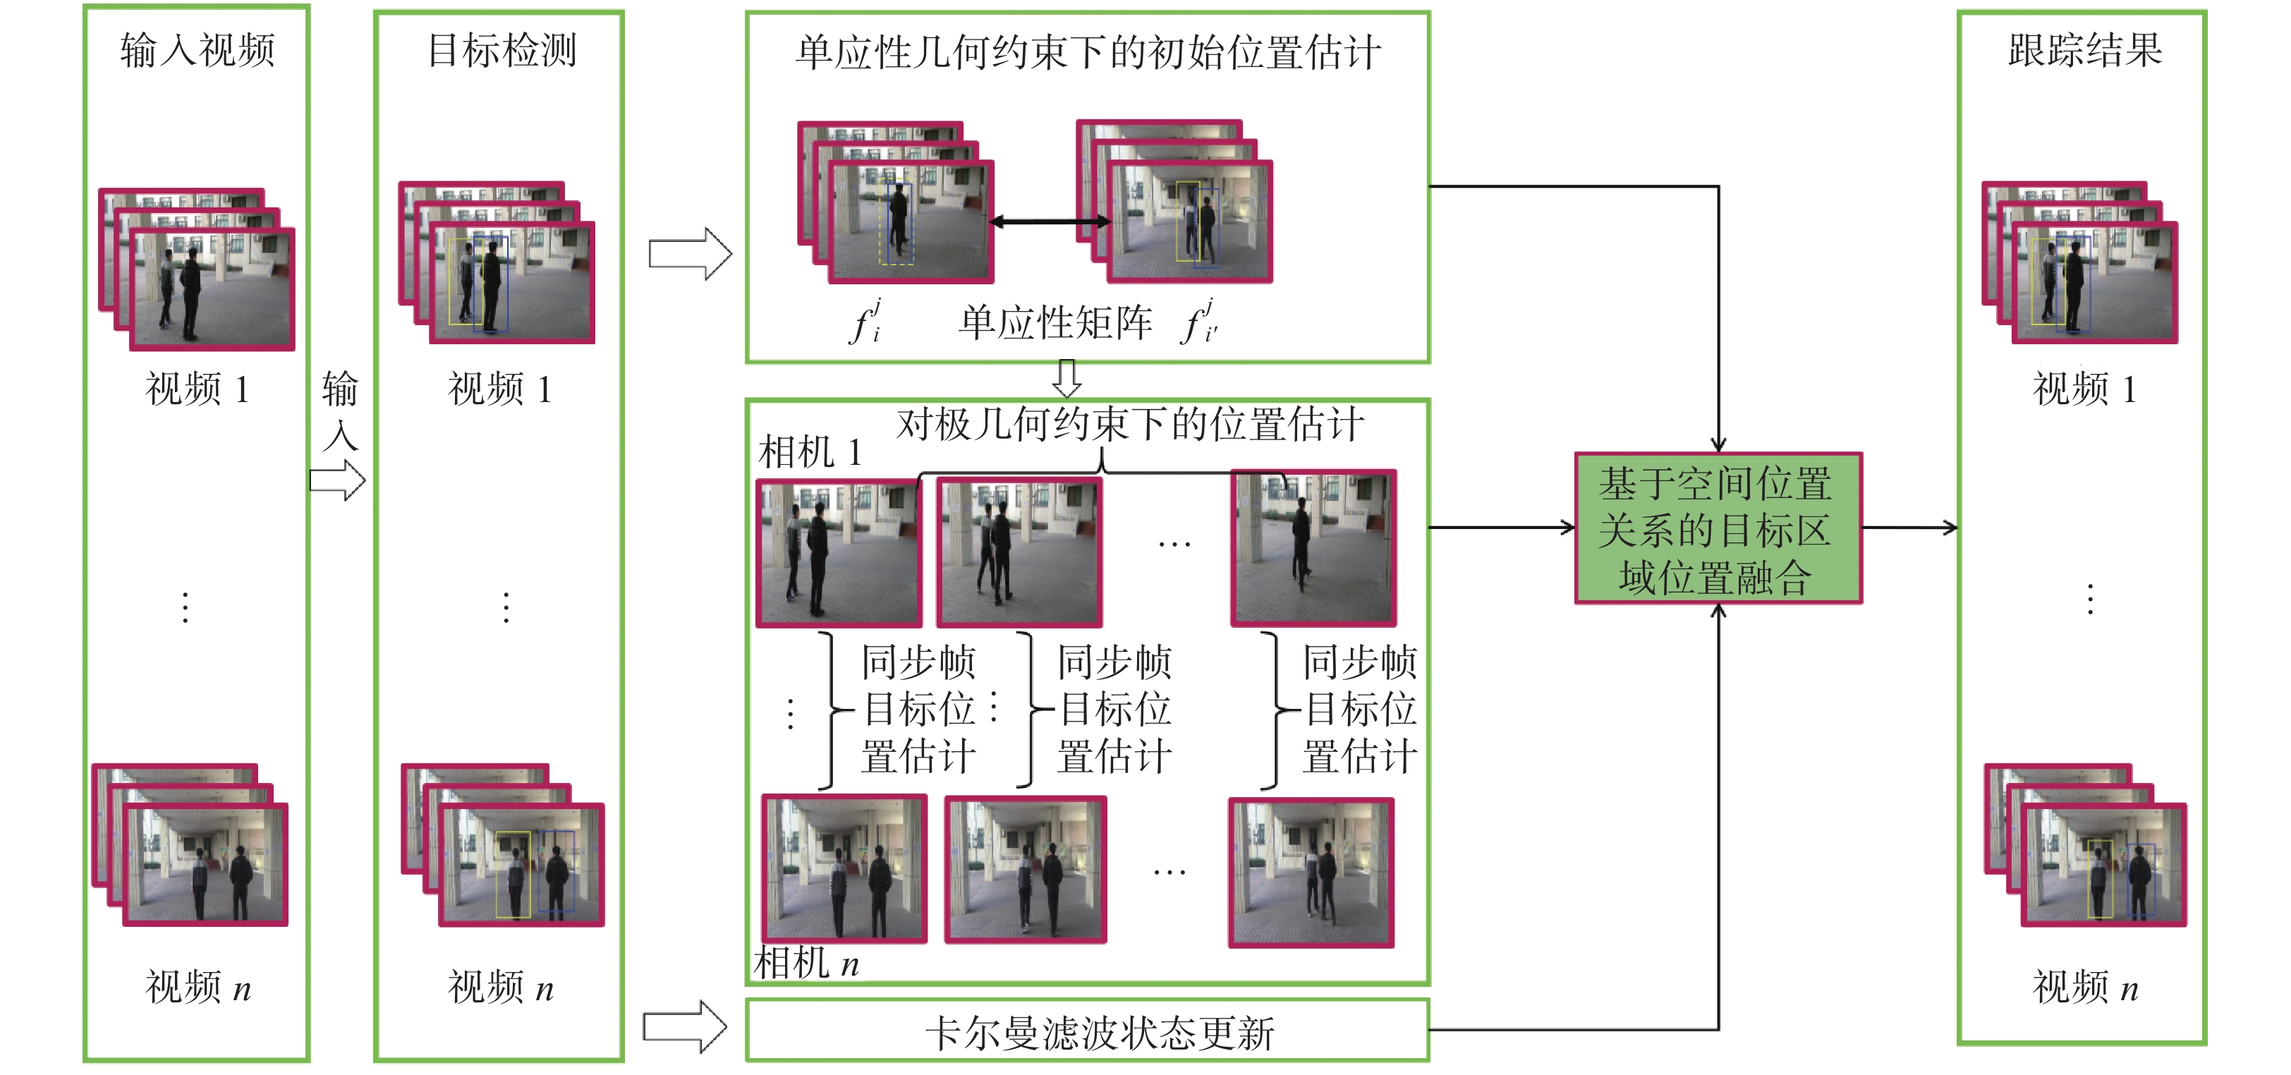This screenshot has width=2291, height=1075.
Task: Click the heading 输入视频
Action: [x=197, y=50]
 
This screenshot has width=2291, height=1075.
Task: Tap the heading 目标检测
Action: [x=502, y=50]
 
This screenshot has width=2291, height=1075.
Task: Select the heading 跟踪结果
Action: [x=2084, y=50]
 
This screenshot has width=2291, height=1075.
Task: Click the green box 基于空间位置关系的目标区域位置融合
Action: [x=1718, y=529]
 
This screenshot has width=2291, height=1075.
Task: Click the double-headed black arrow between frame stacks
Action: [x=1050, y=221]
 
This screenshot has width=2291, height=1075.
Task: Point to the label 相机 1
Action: [x=809, y=451]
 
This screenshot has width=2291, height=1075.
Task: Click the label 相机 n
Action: [x=806, y=963]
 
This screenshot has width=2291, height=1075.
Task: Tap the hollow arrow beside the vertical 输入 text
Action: [x=338, y=481]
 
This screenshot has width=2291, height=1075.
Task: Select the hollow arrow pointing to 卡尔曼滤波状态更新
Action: [x=685, y=1027]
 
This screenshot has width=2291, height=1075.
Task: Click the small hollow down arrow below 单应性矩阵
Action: [x=1066, y=378]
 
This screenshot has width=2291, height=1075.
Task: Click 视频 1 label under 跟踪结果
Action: [x=2084, y=389]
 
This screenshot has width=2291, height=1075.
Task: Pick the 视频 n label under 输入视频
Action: [x=197, y=987]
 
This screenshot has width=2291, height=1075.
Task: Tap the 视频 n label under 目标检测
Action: [x=500, y=987]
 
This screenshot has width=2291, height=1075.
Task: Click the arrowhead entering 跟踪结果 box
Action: [x=1950, y=528]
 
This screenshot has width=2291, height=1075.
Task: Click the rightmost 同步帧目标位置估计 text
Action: [x=1359, y=710]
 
